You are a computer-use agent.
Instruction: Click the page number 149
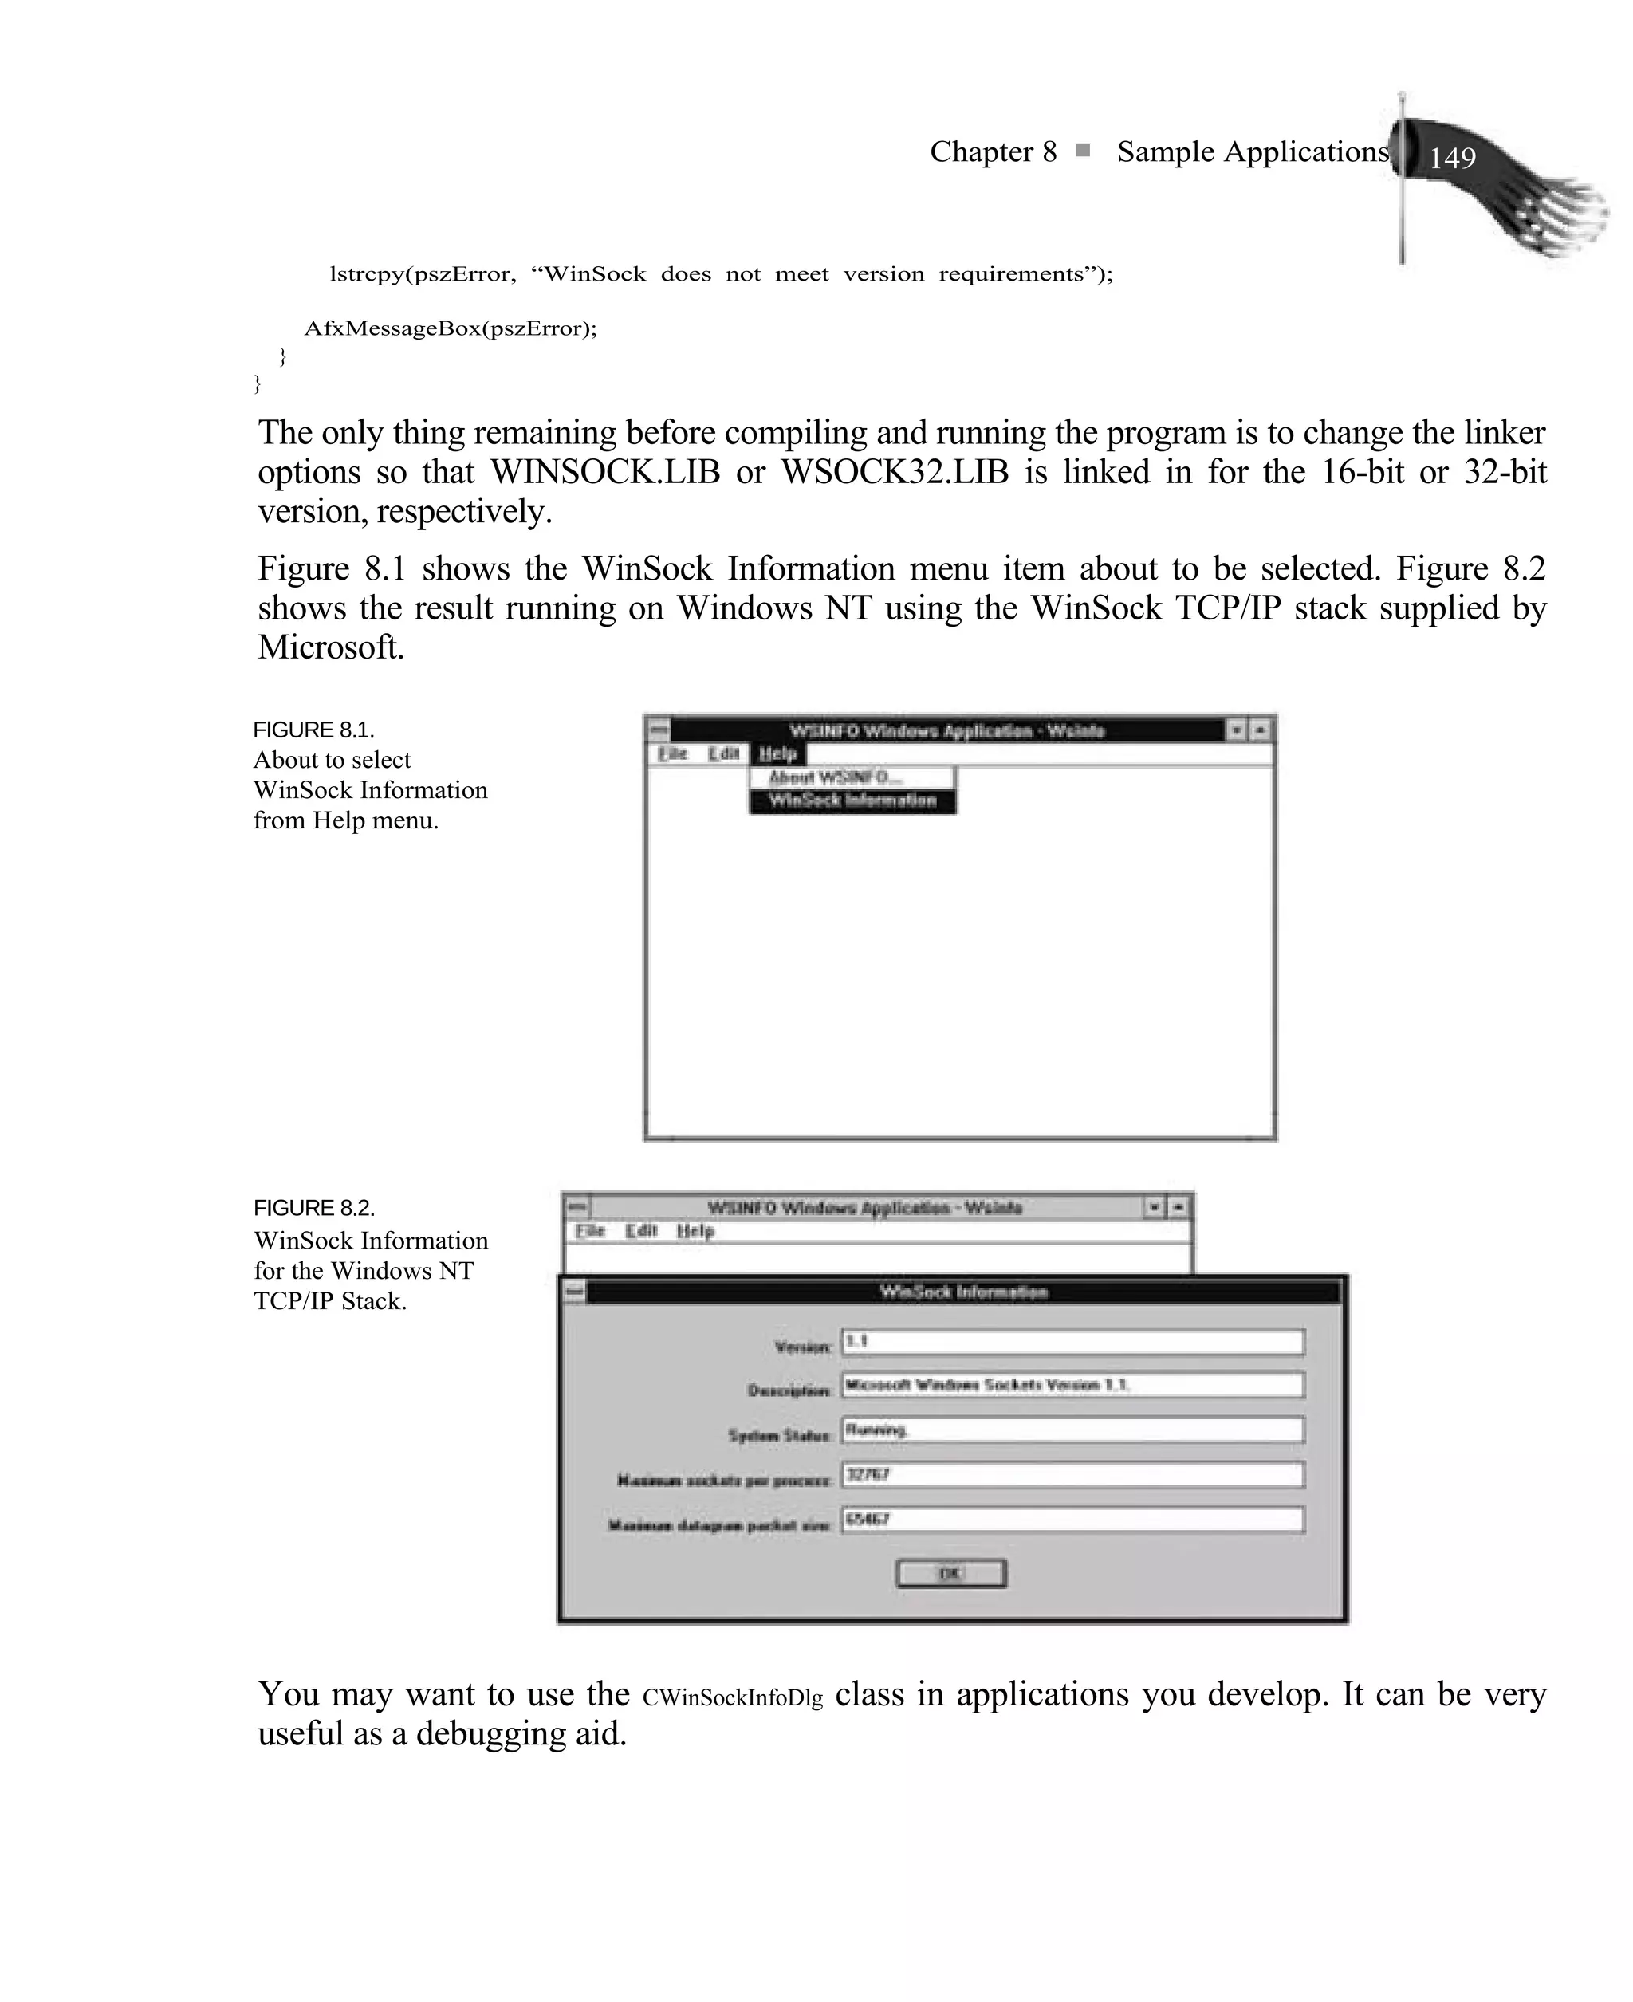(1451, 158)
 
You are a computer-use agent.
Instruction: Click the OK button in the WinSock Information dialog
(951, 1573)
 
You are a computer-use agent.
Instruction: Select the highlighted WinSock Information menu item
(852, 801)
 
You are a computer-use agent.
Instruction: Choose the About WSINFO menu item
(834, 777)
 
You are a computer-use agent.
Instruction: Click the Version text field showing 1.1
(1072, 1342)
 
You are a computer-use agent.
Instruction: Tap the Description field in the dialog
(1072, 1385)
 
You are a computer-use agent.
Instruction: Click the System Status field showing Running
(1072, 1430)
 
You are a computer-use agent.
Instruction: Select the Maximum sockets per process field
(1072, 1474)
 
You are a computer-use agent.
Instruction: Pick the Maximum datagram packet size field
(1072, 1520)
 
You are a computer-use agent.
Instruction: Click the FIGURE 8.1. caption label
(313, 730)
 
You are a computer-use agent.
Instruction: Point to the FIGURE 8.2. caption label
(313, 1209)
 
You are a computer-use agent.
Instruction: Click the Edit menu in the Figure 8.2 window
(642, 1231)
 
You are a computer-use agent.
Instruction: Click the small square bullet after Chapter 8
(1083, 151)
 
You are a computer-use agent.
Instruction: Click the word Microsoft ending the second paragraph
(330, 648)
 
